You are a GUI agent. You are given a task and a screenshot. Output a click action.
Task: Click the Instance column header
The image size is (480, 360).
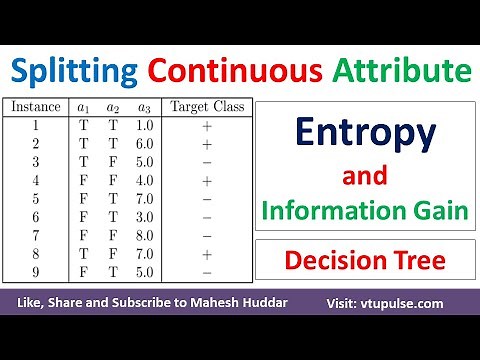35,105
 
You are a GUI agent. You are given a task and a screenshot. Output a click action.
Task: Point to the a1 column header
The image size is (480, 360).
84,105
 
